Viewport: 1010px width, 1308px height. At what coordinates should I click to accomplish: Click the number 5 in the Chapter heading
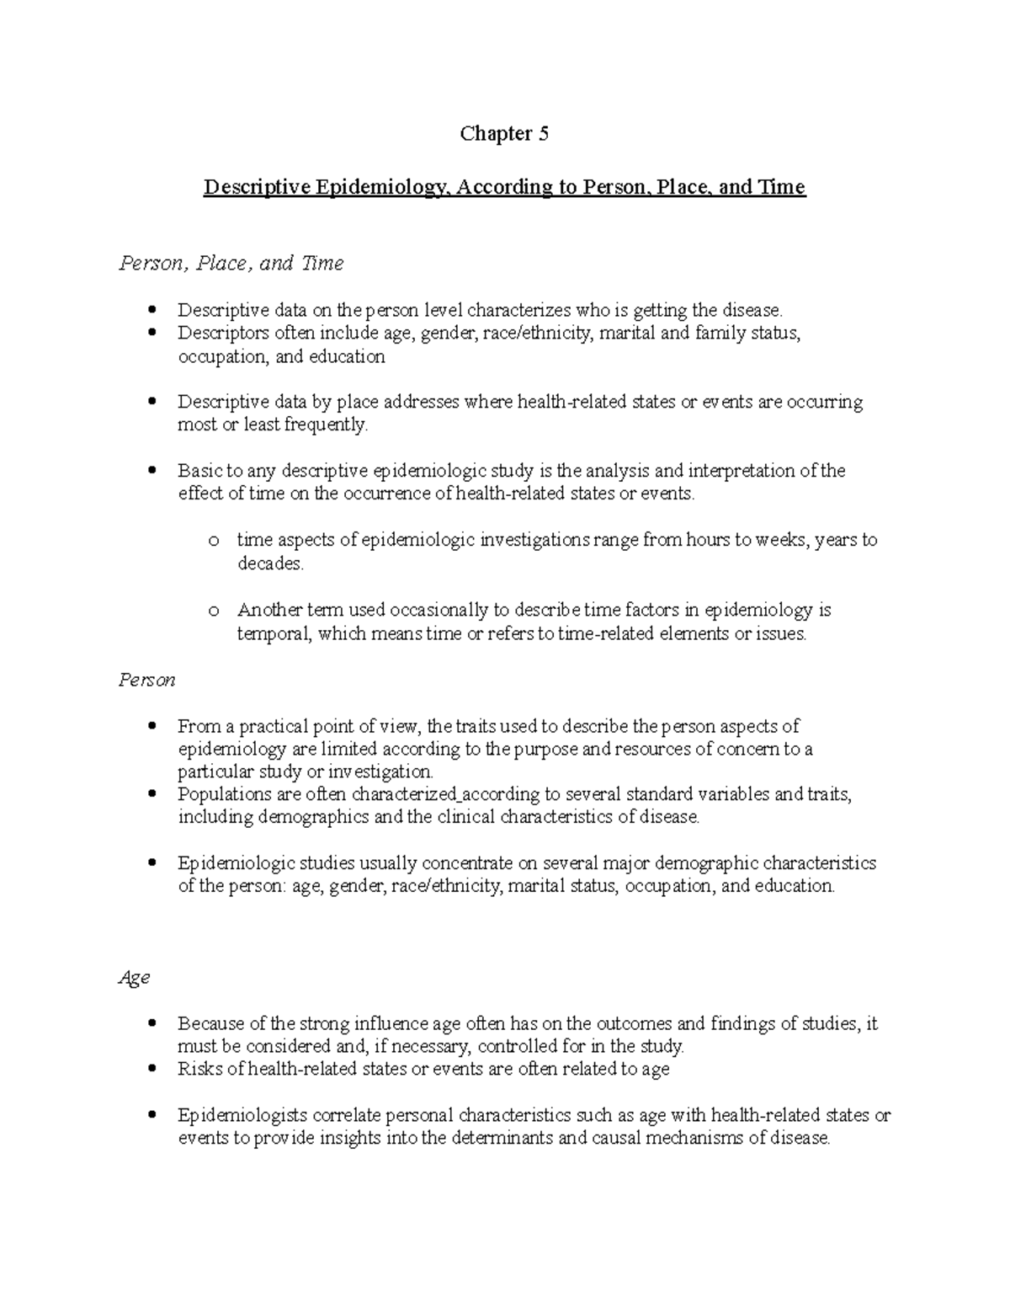pyautogui.click(x=543, y=134)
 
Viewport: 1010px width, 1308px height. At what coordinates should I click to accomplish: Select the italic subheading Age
pyautogui.click(x=134, y=978)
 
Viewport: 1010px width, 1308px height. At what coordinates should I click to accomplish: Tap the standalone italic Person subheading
pyautogui.click(x=146, y=680)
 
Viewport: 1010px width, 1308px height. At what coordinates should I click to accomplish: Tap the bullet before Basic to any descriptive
pyautogui.click(x=151, y=471)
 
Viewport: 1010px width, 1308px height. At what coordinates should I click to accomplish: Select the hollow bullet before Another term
pyautogui.click(x=214, y=611)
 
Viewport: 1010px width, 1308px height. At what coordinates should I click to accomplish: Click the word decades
pyautogui.click(x=269, y=563)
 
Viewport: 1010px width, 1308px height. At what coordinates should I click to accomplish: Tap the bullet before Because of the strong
pyautogui.click(x=151, y=1024)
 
